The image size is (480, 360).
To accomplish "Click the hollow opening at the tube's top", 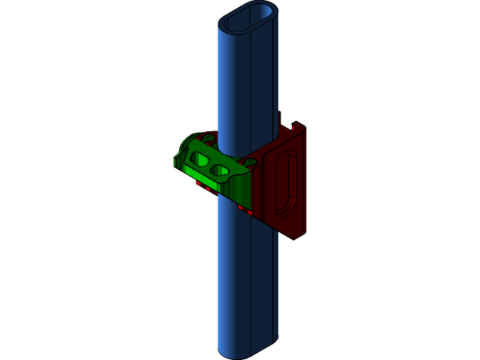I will coord(249,17).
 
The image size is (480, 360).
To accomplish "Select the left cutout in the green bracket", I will coord(200,159).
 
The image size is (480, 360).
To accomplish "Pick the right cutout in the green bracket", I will coord(220,171).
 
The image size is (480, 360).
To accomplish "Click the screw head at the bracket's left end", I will coord(208,138).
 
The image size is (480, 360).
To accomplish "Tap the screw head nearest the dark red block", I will coord(250,162).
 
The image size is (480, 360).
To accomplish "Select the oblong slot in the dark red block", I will coord(284,183).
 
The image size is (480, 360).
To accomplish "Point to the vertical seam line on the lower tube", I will coord(250,285).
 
